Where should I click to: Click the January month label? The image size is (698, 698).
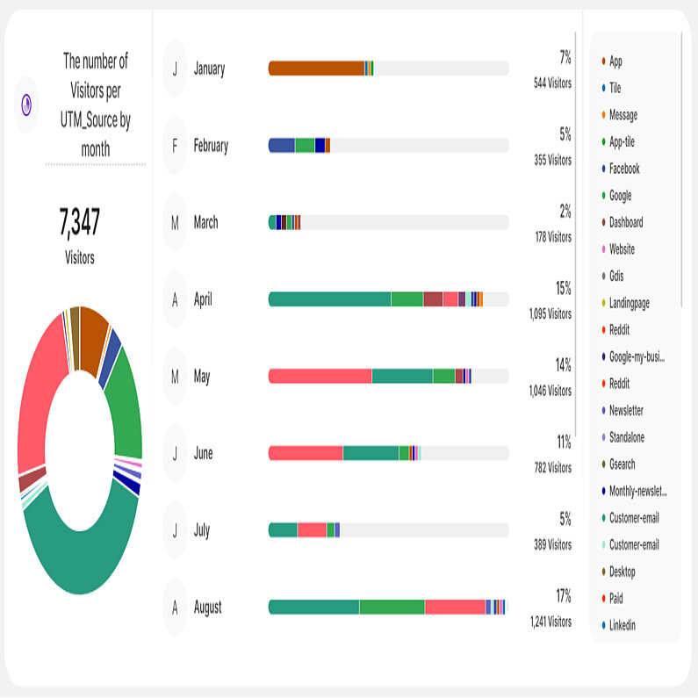209,68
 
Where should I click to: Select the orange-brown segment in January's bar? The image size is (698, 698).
316,68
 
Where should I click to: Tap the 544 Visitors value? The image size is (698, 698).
552,83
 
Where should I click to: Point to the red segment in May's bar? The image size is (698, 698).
320,377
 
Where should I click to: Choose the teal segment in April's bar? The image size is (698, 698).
329,299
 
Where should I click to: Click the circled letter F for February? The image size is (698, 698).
175,146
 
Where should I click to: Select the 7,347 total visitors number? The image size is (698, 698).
80,224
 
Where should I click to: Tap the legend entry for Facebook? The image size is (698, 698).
624,169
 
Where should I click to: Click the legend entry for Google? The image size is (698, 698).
620,196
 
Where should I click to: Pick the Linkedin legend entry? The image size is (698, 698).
622,625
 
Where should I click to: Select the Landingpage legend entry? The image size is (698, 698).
630,303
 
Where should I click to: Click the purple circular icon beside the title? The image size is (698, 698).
26,104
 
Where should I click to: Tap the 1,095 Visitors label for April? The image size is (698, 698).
550,313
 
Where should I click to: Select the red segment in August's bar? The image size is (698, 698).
455,607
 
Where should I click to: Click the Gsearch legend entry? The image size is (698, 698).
622,464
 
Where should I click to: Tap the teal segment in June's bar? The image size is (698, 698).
371,453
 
